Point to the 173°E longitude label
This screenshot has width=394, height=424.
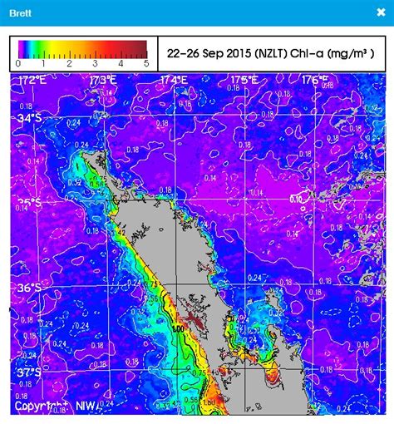(x=103, y=80)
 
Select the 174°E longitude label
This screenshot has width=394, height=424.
(x=174, y=80)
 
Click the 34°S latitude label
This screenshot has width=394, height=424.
(x=29, y=119)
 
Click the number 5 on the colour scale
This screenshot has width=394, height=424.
(x=146, y=63)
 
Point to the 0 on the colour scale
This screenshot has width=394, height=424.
(x=18, y=63)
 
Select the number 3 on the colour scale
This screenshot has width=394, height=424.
(x=96, y=63)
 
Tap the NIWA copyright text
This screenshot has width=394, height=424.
(x=57, y=407)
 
